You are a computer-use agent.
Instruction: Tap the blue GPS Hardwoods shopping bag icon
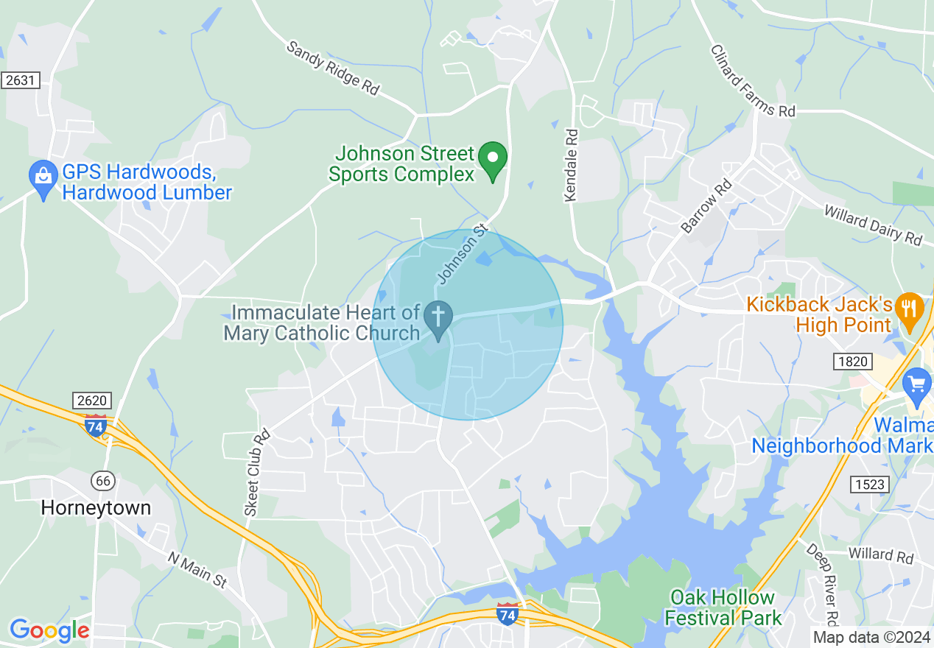[x=43, y=177]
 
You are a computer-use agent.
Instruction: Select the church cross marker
[x=438, y=319]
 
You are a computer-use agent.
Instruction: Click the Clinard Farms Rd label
[x=753, y=81]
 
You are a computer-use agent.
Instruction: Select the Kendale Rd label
[x=571, y=166]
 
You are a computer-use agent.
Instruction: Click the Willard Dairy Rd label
[x=873, y=225]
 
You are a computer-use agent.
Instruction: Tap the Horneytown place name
[x=96, y=507]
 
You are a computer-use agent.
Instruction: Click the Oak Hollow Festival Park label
[x=723, y=607]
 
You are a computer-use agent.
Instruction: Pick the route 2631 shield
[x=20, y=80]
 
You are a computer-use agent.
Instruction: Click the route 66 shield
[x=103, y=480]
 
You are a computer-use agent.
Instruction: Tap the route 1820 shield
[x=852, y=361]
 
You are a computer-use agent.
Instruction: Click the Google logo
[x=49, y=630]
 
